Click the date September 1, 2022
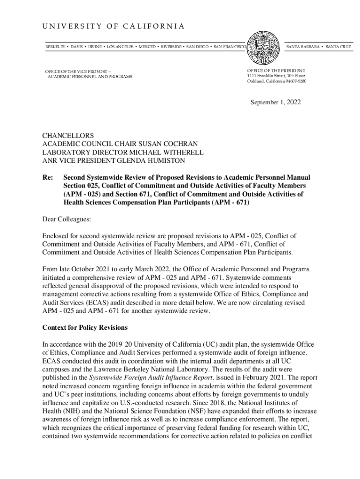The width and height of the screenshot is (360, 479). pos(276,102)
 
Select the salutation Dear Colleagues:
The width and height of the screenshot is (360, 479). pos(66,219)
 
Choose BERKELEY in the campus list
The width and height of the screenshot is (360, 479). pos(55,47)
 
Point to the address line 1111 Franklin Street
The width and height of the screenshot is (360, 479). pos(276,75)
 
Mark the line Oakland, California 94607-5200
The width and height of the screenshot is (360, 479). pos(277,81)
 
